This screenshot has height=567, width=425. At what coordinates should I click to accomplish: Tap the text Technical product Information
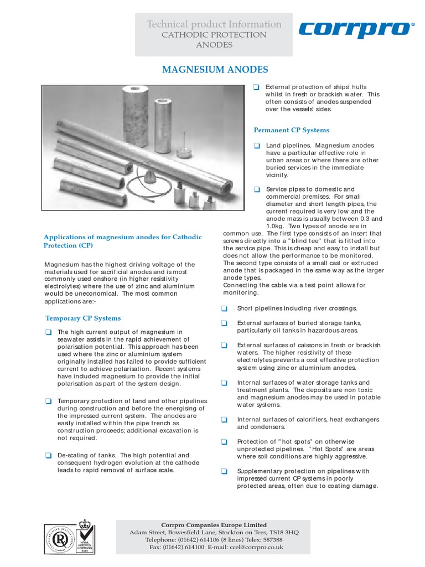tap(214, 24)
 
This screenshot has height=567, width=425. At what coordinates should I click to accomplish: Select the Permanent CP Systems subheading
tap(291, 130)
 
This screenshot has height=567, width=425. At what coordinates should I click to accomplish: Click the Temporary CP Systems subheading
tap(82, 318)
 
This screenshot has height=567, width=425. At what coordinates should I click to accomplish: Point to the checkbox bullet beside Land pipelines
tap(257, 145)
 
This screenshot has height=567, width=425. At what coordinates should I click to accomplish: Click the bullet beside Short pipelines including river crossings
tap(224, 308)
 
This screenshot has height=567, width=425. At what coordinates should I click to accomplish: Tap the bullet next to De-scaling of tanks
tap(48, 455)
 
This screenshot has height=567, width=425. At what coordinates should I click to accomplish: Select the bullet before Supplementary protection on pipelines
tap(224, 471)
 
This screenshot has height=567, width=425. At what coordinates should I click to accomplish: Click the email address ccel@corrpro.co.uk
tap(261, 547)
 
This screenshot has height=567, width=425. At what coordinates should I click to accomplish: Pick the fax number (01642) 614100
tap(186, 547)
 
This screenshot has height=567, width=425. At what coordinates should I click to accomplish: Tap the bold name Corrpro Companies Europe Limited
tap(214, 524)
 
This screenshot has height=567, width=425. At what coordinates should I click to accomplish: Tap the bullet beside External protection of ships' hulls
tap(256, 87)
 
